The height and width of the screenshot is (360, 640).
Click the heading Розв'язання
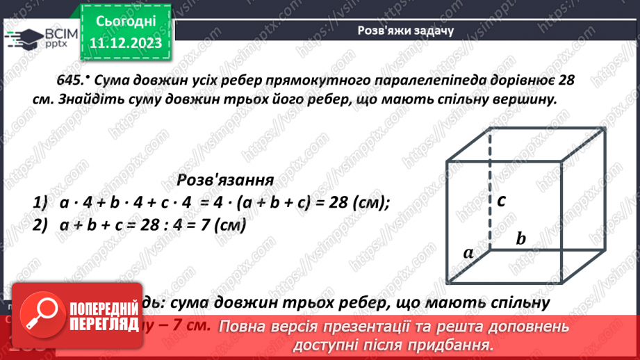(224, 180)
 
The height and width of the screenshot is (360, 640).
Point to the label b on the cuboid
(520, 238)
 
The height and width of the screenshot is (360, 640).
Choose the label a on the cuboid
(468, 252)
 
